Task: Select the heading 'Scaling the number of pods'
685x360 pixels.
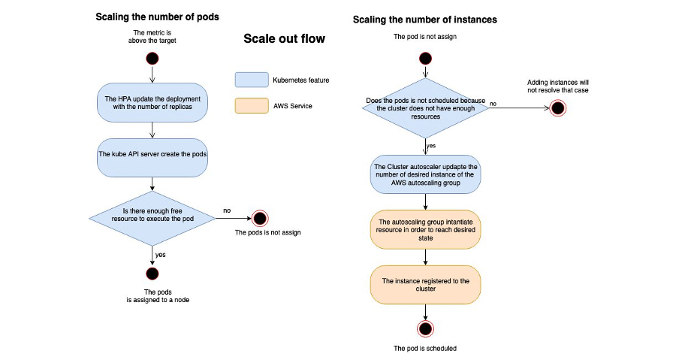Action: (157, 17)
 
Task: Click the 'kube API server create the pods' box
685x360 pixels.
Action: (152, 157)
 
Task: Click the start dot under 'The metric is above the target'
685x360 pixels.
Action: (152, 58)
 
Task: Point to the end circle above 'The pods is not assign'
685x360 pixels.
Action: (260, 219)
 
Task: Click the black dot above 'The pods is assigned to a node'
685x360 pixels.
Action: (152, 274)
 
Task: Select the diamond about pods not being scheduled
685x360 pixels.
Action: (426, 107)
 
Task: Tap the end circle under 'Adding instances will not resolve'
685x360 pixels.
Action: (557, 107)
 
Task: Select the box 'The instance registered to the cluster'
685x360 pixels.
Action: (426, 285)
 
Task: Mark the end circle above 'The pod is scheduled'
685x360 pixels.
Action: (426, 328)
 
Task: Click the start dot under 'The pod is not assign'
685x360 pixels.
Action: (426, 58)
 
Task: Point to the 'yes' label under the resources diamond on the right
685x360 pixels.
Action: (432, 145)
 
